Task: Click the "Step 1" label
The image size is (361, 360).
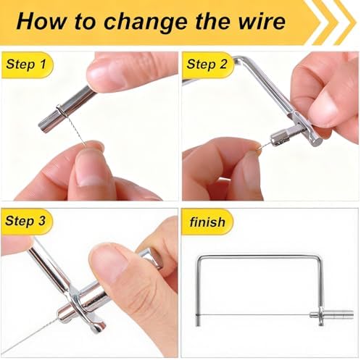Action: (26, 64)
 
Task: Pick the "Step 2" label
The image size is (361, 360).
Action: (207, 64)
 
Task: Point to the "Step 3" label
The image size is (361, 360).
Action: (25, 221)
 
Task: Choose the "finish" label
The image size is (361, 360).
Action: (207, 222)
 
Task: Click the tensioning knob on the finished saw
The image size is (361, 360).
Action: (335, 314)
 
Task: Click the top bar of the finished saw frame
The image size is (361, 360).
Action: (260, 256)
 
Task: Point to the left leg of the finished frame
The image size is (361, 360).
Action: (198, 292)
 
